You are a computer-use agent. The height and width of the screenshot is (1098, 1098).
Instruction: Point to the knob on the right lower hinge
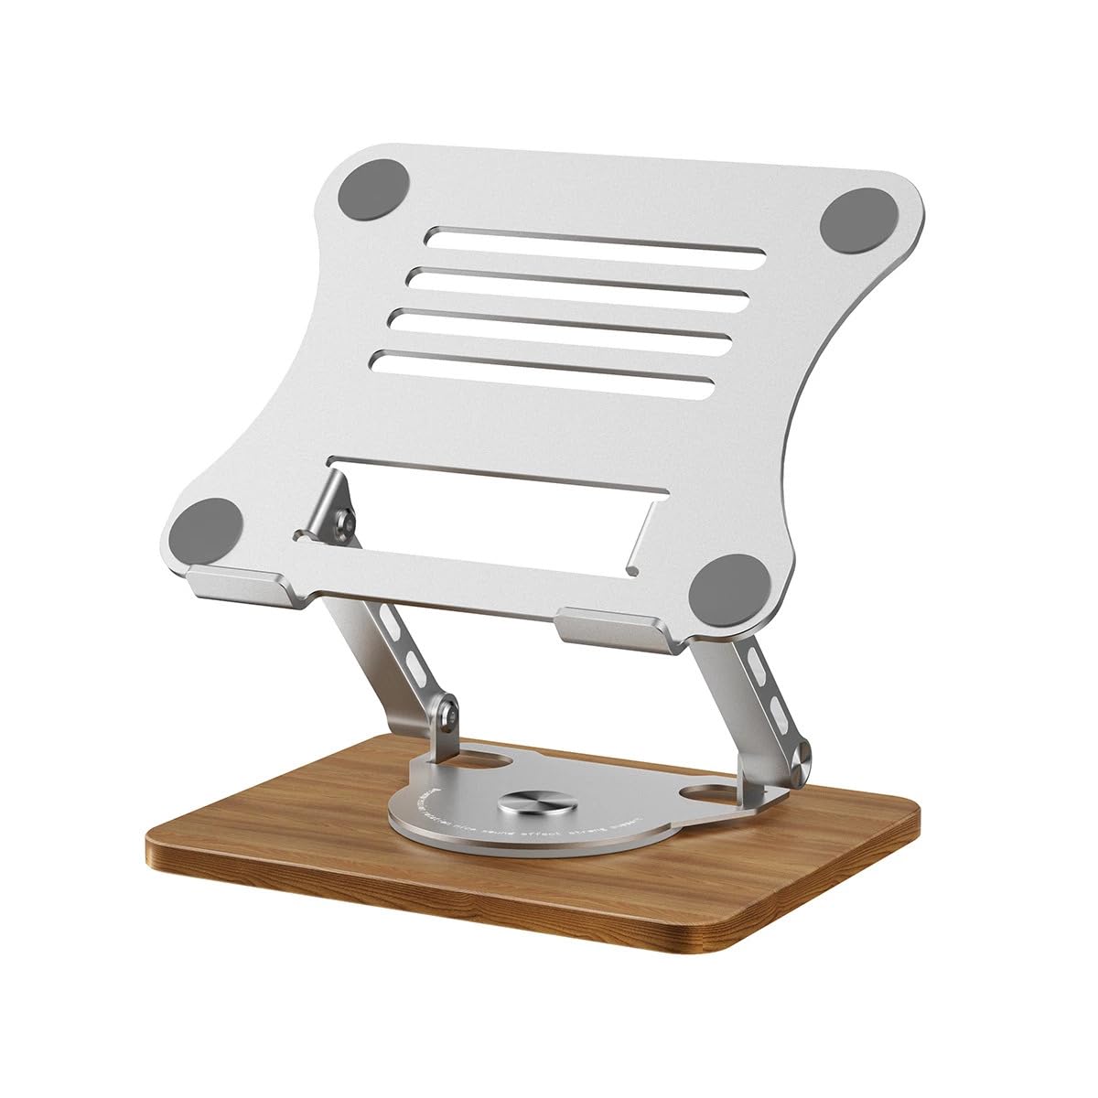point(801,750)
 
